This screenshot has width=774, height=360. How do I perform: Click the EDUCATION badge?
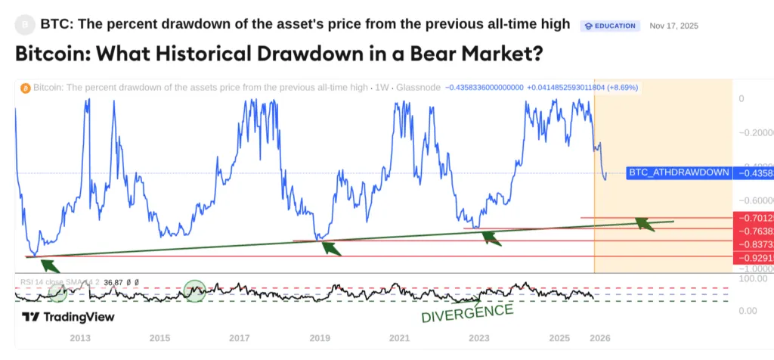tap(610, 26)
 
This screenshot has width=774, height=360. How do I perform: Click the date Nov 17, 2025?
tap(673, 26)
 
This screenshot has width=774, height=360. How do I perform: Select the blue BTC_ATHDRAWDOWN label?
tap(678, 172)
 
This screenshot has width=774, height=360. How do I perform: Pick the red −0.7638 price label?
tap(753, 231)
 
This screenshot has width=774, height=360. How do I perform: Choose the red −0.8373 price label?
tap(753, 244)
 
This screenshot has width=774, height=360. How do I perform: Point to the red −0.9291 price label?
tap(753, 257)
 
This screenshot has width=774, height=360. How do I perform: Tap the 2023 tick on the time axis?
tap(479, 337)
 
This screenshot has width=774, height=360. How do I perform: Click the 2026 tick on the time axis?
tap(599, 337)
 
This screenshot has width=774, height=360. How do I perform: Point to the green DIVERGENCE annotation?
tap(467, 312)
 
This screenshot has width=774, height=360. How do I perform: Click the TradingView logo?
tap(68, 317)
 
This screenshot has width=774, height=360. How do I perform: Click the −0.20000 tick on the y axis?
tap(756, 132)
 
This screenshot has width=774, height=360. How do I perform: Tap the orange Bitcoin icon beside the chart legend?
tap(24, 88)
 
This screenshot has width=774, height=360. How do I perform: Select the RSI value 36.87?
tap(114, 281)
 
